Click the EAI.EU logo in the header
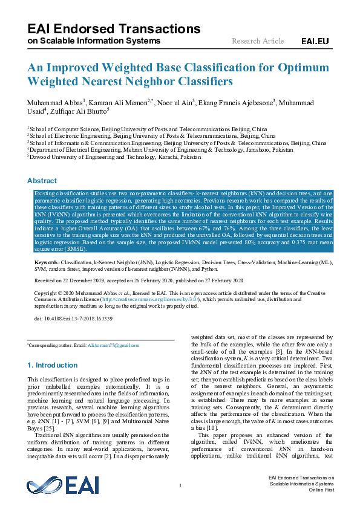(x=315, y=41)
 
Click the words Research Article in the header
(x=258, y=41)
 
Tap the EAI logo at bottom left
(x=54, y=485)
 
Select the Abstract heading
(x=42, y=181)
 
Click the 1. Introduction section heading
(x=53, y=365)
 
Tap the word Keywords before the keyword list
(x=47, y=263)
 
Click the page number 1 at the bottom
(x=180, y=485)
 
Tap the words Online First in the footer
(x=321, y=490)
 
